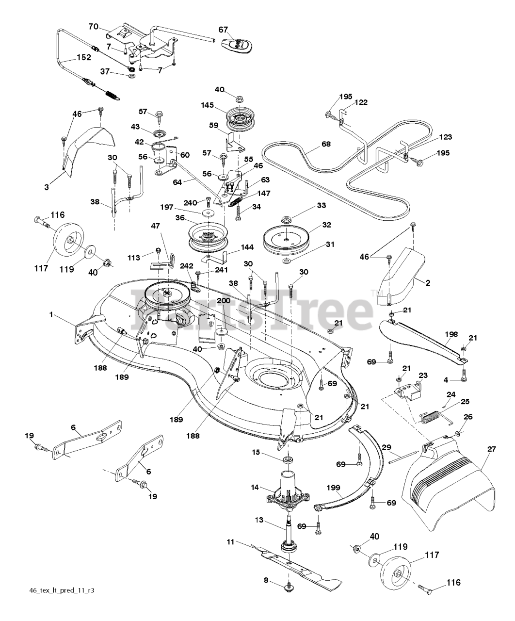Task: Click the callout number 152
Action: coord(84,57)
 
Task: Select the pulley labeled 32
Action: coord(286,236)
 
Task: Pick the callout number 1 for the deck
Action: coord(50,314)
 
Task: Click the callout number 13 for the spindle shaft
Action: coord(259,520)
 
